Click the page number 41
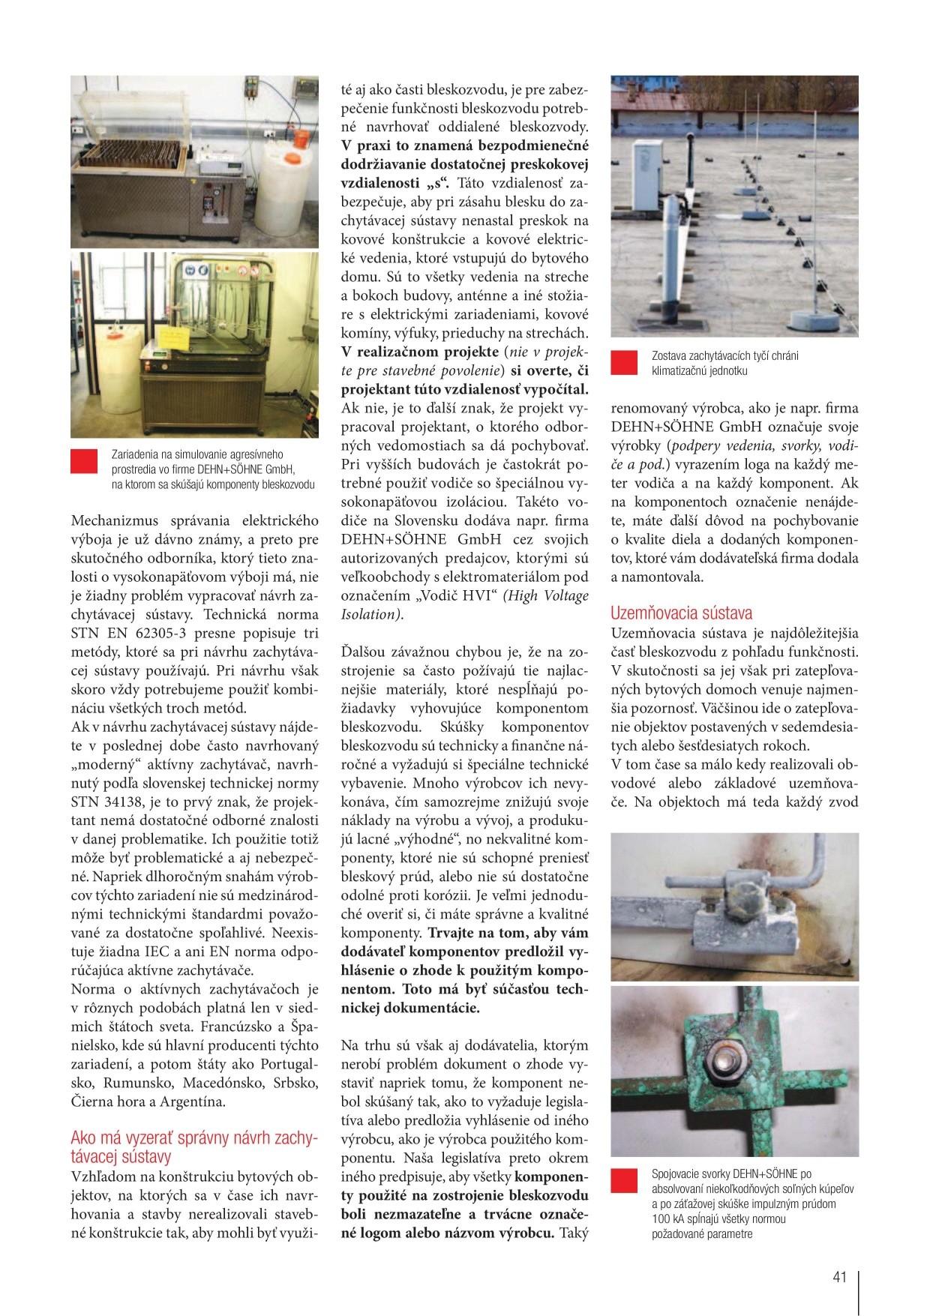pyautogui.click(x=839, y=1276)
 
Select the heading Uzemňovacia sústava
pyautogui.click(x=681, y=612)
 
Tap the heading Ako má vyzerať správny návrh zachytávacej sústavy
pyautogui.click(x=194, y=1147)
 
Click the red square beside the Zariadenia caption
pyautogui.click(x=84, y=461)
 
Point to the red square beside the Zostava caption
pyautogui.click(x=624, y=363)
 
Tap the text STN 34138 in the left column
pyautogui.click(x=105, y=802)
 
